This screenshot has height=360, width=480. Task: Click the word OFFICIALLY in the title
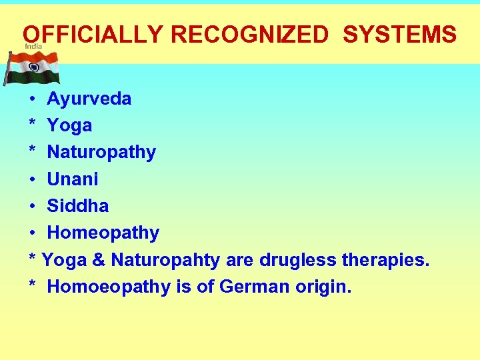pyautogui.click(x=91, y=34)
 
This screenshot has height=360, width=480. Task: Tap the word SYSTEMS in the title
pyautogui.click(x=399, y=34)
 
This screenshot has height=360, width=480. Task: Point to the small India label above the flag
pyautogui.click(x=33, y=47)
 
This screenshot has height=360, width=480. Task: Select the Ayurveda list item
pyautogui.click(x=89, y=99)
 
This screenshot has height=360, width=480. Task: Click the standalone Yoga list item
pyautogui.click(x=69, y=126)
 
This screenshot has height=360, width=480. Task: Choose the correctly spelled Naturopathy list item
pyautogui.click(x=101, y=152)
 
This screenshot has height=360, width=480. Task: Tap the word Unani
pyautogui.click(x=73, y=179)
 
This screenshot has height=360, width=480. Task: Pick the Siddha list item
pyautogui.click(x=78, y=206)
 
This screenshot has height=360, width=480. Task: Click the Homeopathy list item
pyautogui.click(x=103, y=233)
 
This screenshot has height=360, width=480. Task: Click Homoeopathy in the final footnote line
pyautogui.click(x=109, y=287)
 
